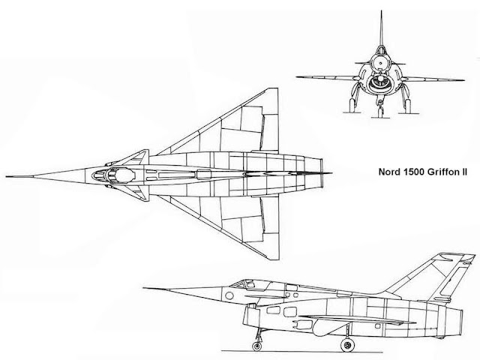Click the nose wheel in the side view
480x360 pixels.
point(256,346)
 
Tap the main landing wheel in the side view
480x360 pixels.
point(347,345)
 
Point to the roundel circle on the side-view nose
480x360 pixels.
point(229,295)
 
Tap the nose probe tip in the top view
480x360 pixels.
point(7,177)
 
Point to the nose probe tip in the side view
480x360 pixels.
point(144,288)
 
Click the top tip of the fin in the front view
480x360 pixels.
point(382,11)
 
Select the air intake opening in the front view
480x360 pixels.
point(380,83)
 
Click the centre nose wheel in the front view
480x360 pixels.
point(380,112)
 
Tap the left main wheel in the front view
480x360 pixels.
point(352,105)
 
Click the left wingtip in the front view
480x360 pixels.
point(297,76)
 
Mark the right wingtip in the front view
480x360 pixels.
point(463,80)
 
